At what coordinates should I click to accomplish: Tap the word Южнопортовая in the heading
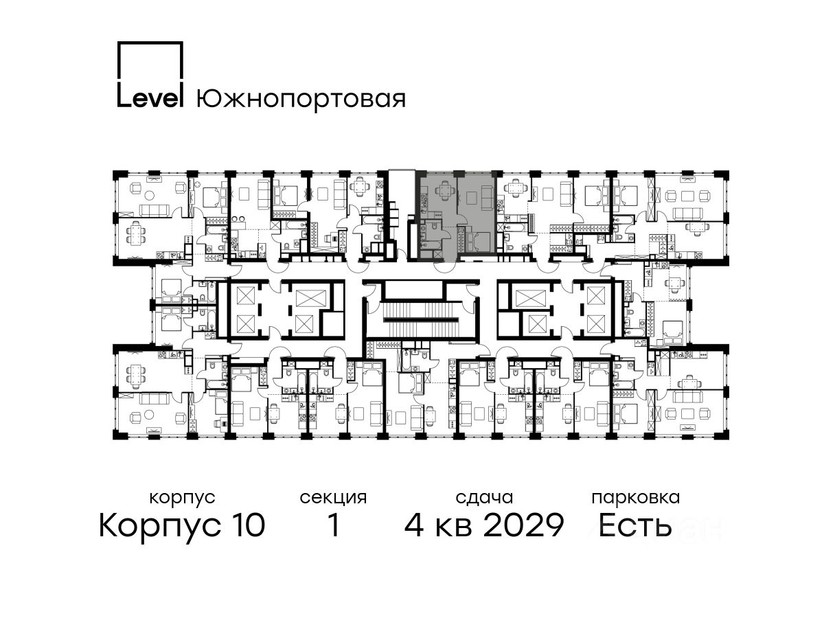(x=301, y=100)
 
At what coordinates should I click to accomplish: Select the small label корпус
(x=182, y=499)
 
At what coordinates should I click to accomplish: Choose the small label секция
(x=333, y=498)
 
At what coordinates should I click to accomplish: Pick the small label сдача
(x=484, y=498)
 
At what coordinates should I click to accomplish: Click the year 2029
(x=524, y=526)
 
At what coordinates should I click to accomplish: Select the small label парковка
(x=636, y=499)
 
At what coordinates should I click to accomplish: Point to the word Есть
(x=635, y=526)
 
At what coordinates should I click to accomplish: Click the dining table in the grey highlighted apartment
(x=445, y=191)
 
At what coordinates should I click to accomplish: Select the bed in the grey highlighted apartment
(x=477, y=241)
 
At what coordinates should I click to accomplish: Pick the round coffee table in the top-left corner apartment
(x=150, y=195)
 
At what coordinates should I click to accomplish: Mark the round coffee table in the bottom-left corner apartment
(x=150, y=415)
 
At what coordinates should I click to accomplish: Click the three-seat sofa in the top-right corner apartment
(x=688, y=213)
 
